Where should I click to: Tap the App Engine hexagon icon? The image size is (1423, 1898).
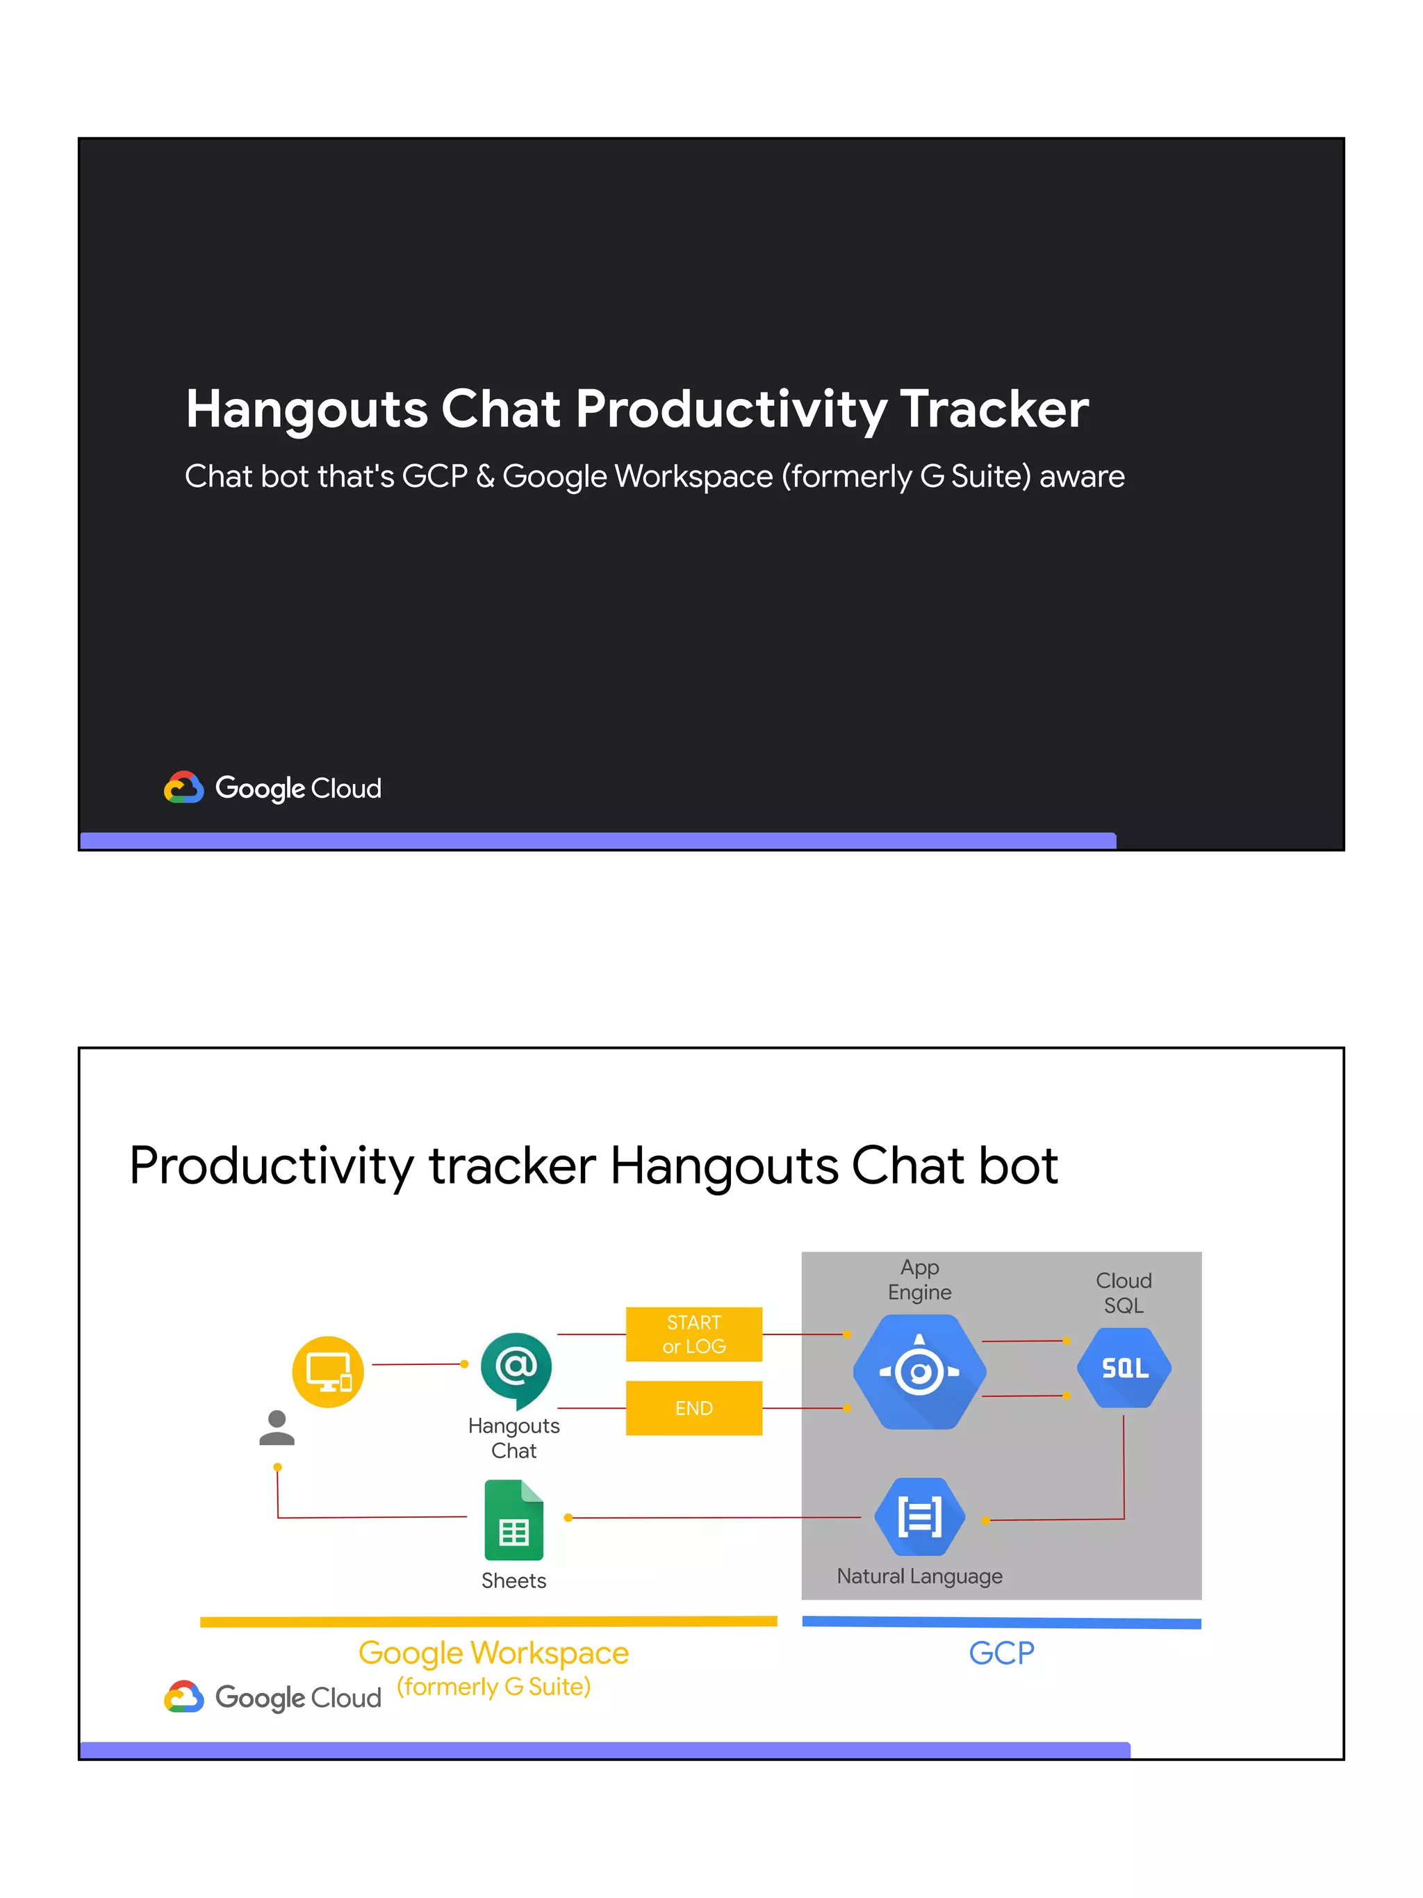(919, 1371)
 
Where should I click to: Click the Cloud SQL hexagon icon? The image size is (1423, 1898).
(1124, 1368)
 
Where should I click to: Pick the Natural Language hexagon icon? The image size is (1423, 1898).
(919, 1516)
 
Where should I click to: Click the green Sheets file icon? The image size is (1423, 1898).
(513, 1520)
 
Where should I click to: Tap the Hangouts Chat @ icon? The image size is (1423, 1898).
(516, 1368)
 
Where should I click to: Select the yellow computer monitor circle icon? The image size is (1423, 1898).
(328, 1371)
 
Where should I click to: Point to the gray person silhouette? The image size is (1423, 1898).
(277, 1427)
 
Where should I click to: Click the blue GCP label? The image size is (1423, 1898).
(1001, 1653)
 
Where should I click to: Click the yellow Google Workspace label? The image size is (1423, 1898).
(493, 1653)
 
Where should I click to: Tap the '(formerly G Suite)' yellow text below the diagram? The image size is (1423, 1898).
(493, 1687)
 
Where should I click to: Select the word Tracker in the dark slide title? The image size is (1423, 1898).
(994, 409)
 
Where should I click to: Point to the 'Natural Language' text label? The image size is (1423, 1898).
(919, 1576)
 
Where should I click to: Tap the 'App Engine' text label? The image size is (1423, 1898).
(919, 1279)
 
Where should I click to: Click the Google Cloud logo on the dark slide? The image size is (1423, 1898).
(273, 787)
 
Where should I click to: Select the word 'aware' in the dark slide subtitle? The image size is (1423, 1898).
(1082, 476)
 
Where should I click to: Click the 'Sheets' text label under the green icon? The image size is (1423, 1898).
(513, 1580)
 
